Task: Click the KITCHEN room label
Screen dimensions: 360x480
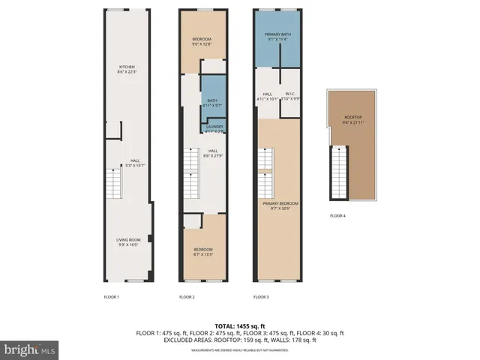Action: [x=126, y=69]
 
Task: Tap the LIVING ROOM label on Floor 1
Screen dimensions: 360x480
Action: [x=129, y=242]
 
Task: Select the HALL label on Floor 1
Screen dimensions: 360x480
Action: [x=134, y=162]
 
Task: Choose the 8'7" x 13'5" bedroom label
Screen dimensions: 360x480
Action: [x=202, y=251]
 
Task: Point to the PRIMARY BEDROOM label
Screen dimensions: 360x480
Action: [x=280, y=206]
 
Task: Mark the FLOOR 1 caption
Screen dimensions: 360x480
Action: [x=111, y=297]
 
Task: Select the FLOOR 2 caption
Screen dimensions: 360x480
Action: [x=187, y=297]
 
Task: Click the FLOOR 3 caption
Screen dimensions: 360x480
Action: [x=260, y=297]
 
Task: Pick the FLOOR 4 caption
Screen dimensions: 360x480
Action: [x=338, y=216]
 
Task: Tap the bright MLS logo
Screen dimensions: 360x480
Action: [x=29, y=349]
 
